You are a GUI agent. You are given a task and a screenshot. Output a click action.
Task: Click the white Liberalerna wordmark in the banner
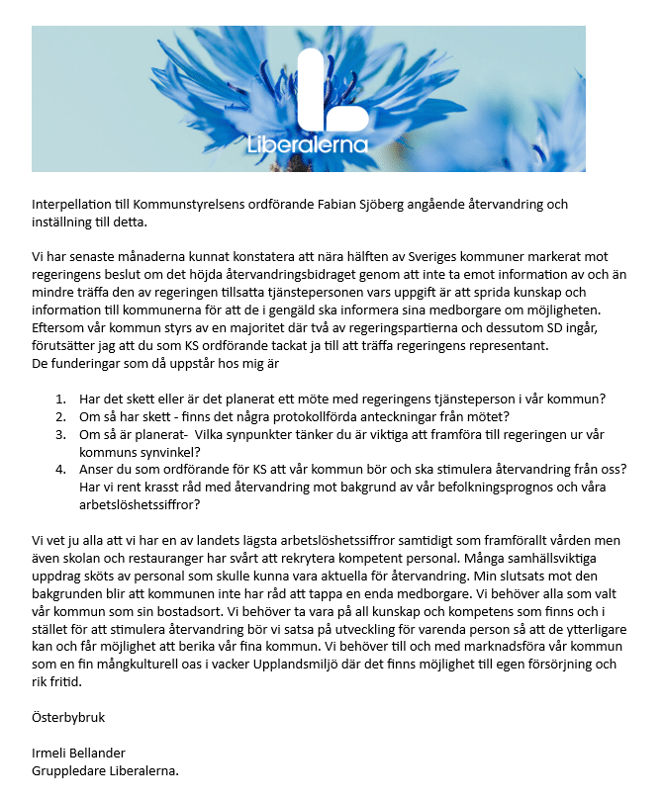[308, 144]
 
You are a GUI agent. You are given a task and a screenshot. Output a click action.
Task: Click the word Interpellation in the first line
[72, 205]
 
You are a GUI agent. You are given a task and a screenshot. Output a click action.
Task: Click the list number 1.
[61, 400]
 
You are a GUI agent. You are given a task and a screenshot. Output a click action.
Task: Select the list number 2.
[61, 417]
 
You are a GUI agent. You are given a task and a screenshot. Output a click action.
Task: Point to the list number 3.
[61, 435]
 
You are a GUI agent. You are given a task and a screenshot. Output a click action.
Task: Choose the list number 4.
[61, 470]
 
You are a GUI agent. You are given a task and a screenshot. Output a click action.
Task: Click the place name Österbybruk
[67, 718]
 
